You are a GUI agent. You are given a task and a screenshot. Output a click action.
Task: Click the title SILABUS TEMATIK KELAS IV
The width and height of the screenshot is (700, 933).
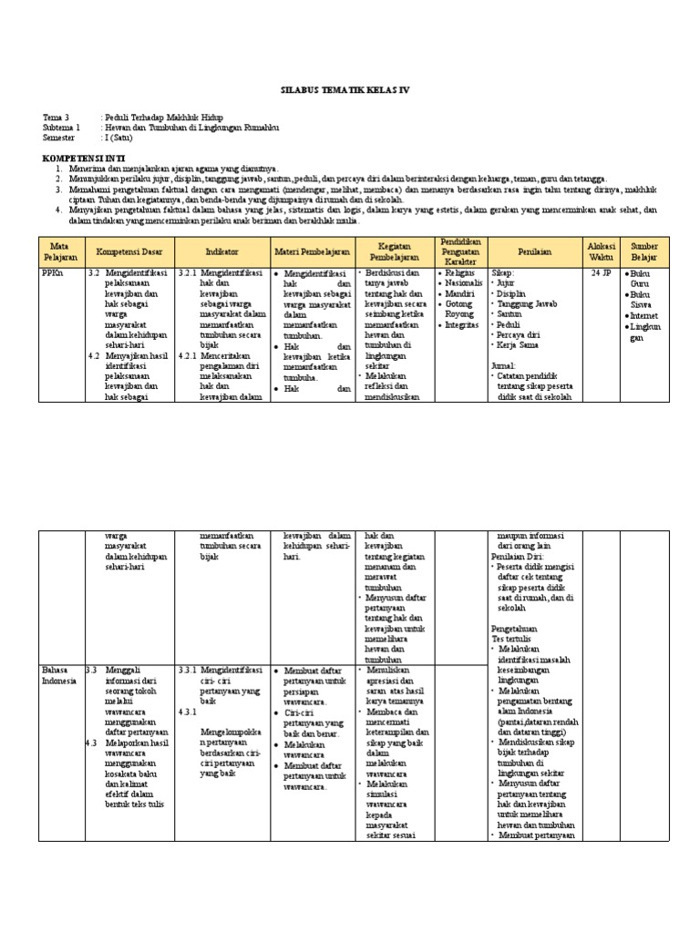[x=349, y=92]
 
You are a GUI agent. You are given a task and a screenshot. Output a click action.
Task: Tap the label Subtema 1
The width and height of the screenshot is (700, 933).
[x=62, y=128]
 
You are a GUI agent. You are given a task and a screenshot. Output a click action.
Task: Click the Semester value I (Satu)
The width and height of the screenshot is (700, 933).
[x=118, y=138]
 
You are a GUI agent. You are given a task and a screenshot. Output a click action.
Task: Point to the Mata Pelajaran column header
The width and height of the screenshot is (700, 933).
[x=61, y=251]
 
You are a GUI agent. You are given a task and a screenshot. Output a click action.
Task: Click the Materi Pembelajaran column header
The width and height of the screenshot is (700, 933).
[x=310, y=251]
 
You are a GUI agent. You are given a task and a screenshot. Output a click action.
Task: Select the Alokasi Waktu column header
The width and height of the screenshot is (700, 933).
[x=602, y=251]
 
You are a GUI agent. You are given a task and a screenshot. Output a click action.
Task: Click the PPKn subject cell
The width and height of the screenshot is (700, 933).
[x=53, y=272]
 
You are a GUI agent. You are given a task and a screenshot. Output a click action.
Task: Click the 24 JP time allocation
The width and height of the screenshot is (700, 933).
[x=602, y=272]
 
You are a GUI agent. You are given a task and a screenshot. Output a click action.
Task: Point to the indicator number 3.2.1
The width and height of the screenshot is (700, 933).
[x=188, y=272]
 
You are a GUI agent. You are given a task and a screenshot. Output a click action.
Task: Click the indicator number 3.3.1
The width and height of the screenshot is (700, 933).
[x=188, y=670]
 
